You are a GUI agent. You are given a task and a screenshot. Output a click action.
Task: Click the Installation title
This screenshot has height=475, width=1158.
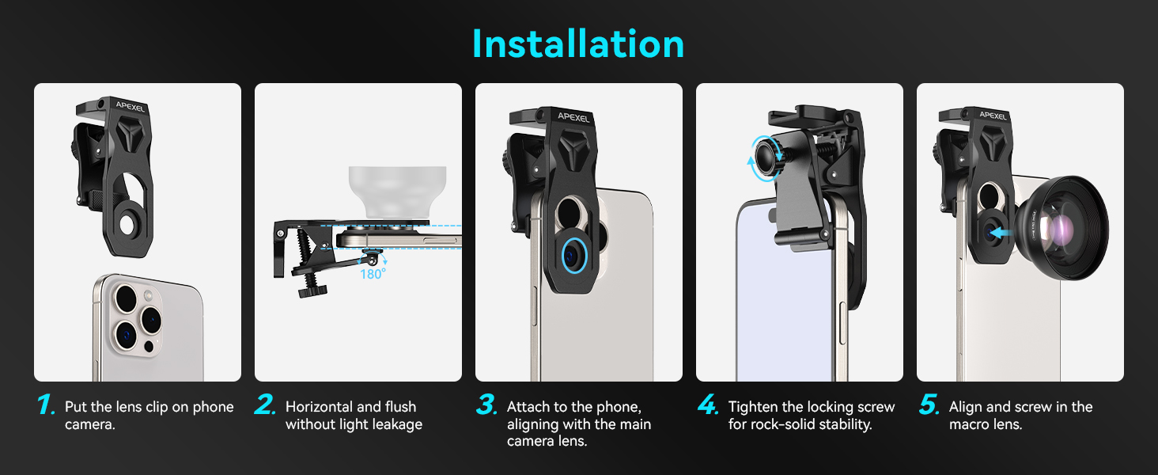(578, 44)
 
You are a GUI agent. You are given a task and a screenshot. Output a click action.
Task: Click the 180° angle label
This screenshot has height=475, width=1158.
(373, 274)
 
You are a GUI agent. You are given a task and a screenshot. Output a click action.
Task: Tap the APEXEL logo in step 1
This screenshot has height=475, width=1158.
(131, 107)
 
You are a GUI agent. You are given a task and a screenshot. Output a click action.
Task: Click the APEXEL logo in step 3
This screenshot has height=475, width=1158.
(573, 117)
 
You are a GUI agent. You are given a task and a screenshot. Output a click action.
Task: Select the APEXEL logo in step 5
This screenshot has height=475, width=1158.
(993, 116)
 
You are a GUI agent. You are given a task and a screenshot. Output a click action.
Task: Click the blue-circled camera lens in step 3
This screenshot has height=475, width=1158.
(573, 256)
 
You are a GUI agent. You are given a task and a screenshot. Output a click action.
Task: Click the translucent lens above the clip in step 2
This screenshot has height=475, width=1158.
(398, 192)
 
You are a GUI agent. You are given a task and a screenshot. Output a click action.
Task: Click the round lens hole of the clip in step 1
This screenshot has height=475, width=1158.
(127, 225)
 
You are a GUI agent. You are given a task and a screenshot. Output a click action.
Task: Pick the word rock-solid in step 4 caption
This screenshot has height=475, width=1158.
(791, 424)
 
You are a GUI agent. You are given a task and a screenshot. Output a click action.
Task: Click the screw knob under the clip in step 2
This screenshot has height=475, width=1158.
(312, 291)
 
